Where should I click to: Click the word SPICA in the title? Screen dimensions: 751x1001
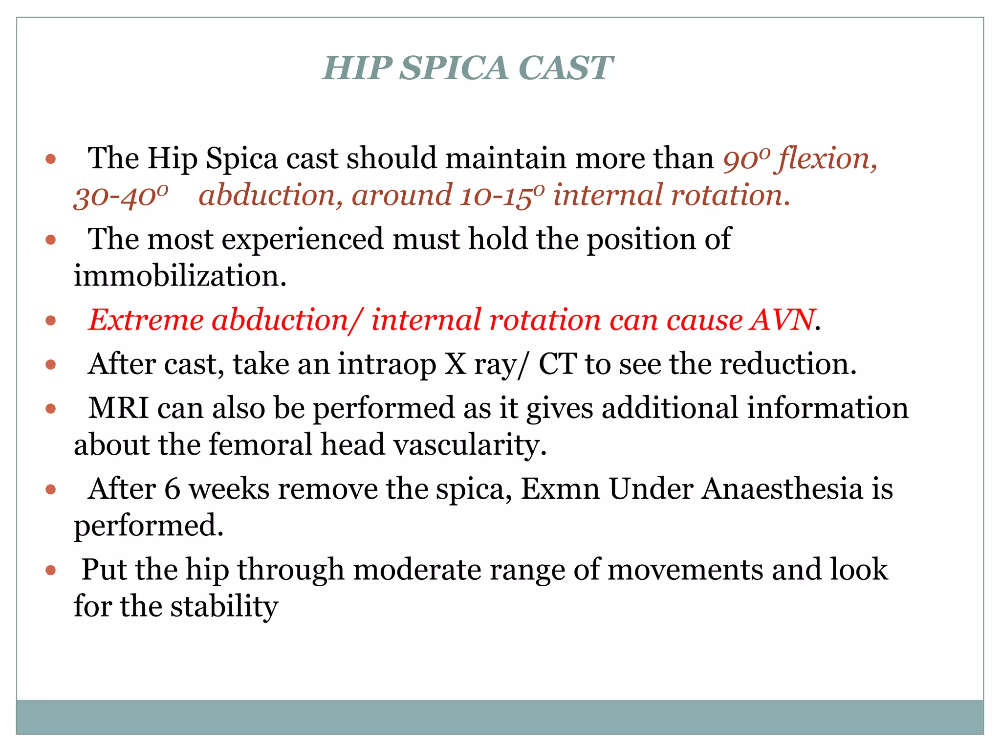tap(454, 68)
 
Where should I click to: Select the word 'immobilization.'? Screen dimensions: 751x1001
tap(180, 276)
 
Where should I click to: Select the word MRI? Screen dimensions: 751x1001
tap(119, 408)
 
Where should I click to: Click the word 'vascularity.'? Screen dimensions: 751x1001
tap(470, 445)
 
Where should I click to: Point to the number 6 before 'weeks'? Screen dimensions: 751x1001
tap(172, 489)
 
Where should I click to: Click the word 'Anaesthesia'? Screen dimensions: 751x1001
tap(782, 489)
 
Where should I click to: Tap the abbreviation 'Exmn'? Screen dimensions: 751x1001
tap(560, 489)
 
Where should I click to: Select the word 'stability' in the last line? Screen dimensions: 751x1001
tap(224, 607)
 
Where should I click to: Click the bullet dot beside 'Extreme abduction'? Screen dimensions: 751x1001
tap(51, 321)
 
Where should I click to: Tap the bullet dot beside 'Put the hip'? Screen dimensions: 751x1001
tap(51, 570)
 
